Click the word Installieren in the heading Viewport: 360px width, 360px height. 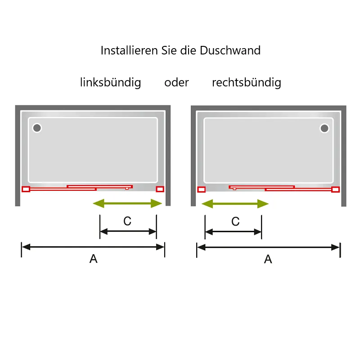coord(129,50)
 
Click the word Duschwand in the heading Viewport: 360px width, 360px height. coord(230,50)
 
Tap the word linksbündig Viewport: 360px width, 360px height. coord(110,82)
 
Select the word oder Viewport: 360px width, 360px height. coord(176,82)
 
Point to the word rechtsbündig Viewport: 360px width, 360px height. coord(247,82)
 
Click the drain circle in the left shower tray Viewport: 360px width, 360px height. coord(37,128)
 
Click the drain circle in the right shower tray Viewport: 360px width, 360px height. coord(324,128)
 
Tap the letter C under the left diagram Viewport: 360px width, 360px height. coord(127,221)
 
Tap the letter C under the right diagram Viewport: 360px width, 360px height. coord(235,221)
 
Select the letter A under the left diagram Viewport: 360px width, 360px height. coord(94,259)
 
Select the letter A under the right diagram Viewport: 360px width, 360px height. coord(268,259)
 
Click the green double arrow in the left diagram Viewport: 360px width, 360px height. coord(127,203)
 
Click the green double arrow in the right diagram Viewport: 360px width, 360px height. coord(235,204)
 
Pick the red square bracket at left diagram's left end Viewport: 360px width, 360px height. coord(26,189)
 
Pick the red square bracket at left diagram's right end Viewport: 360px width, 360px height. coord(160,189)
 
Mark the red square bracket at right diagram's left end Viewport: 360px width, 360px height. coord(201,189)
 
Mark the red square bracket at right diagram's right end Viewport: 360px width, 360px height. coord(335,189)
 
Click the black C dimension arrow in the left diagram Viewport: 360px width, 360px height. coord(128,231)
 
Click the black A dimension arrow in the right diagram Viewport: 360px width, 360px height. coord(268,247)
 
